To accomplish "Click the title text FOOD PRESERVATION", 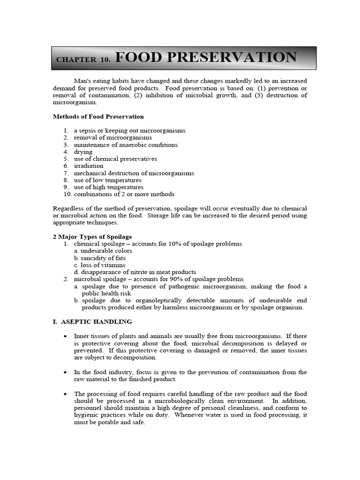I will pyautogui.click(x=205, y=58).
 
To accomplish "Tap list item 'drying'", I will pyautogui.click(x=83, y=152).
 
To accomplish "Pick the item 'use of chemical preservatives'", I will pyautogui.click(x=115, y=159).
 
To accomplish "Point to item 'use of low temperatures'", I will pyautogui.click(x=107, y=180).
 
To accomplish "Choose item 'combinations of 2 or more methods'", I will pyautogui.click(x=124, y=194).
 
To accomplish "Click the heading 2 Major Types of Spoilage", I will pyautogui.click(x=92, y=237).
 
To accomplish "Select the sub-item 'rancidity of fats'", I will pyautogui.click(x=103, y=258).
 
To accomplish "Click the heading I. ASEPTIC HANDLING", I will pyautogui.click(x=92, y=322).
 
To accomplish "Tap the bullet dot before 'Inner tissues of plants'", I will pyautogui.click(x=65, y=337).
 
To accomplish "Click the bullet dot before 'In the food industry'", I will pyautogui.click(x=65, y=372).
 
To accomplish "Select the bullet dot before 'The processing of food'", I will pyautogui.click(x=65, y=394).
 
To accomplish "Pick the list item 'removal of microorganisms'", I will pyautogui.click(x=112, y=138).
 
